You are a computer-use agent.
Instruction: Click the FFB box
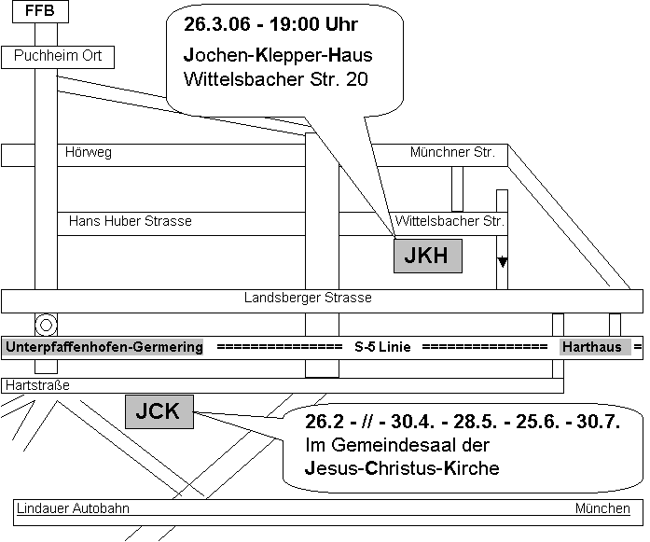coord(40,11)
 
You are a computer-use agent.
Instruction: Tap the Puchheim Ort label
coord(58,55)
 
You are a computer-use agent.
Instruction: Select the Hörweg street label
coord(89,152)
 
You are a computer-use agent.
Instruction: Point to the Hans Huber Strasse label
coord(131,220)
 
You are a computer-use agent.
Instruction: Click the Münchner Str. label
coord(452,152)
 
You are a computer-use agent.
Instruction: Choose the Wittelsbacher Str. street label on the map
coord(449,220)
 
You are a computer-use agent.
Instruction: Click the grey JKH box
coord(428,256)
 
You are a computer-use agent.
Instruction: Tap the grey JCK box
coord(159,411)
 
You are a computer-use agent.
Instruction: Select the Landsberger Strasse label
coord(308,298)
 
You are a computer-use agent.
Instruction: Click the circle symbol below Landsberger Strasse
coord(46,325)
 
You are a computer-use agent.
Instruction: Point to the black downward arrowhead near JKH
coord(503,262)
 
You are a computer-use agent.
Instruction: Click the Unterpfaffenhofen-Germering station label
coord(104,347)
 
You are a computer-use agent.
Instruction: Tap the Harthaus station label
coord(592,347)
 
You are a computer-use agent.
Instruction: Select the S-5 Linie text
coord(382,347)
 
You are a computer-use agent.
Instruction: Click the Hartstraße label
coord(37,385)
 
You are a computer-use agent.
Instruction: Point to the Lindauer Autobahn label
coord(73,508)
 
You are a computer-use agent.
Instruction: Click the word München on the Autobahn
coord(602,508)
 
